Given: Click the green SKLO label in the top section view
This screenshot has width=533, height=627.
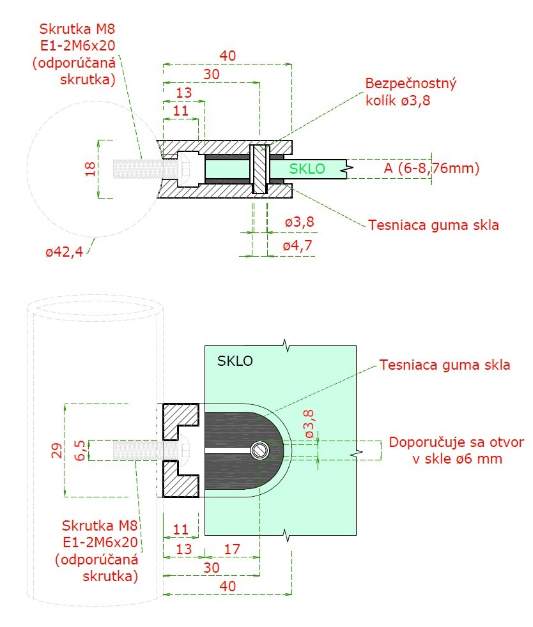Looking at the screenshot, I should tap(307, 169).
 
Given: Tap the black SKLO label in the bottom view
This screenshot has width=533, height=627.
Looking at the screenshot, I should tap(235, 361).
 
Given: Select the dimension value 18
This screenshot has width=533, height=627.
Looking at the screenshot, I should tap(90, 169).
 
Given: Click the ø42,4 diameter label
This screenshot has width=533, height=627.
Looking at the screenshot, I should tap(64, 252).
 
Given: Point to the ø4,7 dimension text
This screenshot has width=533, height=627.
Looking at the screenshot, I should tap(300, 246).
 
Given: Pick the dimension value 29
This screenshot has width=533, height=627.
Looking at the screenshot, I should tap(56, 451).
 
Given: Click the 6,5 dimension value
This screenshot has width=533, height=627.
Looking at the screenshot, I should tap(80, 450).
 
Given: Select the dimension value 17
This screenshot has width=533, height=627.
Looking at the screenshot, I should tap(233, 548).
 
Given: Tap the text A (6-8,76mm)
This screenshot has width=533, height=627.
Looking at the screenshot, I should tap(431, 169).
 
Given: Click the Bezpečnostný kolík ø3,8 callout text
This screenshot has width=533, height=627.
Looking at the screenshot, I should tap(410, 93).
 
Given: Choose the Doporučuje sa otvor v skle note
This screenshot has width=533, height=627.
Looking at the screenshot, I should tap(456, 451).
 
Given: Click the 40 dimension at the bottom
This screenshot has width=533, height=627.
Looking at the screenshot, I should tap(227, 585).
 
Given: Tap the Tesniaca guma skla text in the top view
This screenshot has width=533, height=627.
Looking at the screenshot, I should tap(433, 225).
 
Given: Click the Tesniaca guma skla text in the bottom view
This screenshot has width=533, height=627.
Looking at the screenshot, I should tap(445, 365).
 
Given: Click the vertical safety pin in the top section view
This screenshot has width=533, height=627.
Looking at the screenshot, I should tap(259, 169).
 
